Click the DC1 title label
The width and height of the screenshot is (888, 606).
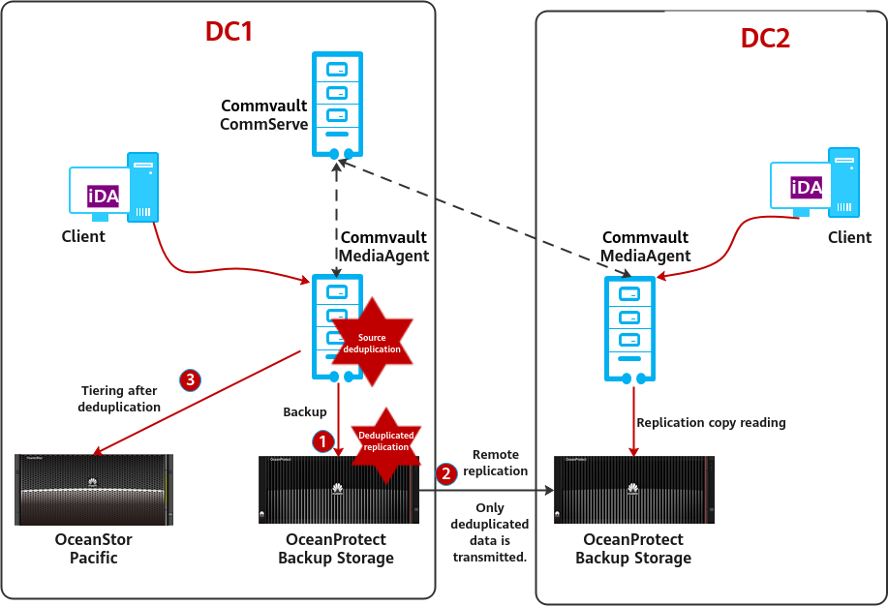tap(229, 32)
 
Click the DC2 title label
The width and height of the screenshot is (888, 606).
tap(765, 39)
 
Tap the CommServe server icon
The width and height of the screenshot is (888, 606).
tap(337, 105)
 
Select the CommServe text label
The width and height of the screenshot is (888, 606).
tap(263, 124)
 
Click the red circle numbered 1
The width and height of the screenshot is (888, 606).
tap(322, 441)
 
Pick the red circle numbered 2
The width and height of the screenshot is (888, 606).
tap(446, 473)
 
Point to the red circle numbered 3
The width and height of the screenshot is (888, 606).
tap(191, 379)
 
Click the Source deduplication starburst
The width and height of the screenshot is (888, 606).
tap(372, 344)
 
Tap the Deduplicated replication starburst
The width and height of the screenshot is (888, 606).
tap(386, 441)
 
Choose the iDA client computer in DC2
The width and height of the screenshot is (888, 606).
tap(814, 185)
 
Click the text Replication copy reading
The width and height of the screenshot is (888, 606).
tap(711, 423)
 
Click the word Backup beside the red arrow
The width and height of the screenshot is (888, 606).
tap(305, 412)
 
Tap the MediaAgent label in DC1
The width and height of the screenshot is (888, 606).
tap(383, 256)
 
